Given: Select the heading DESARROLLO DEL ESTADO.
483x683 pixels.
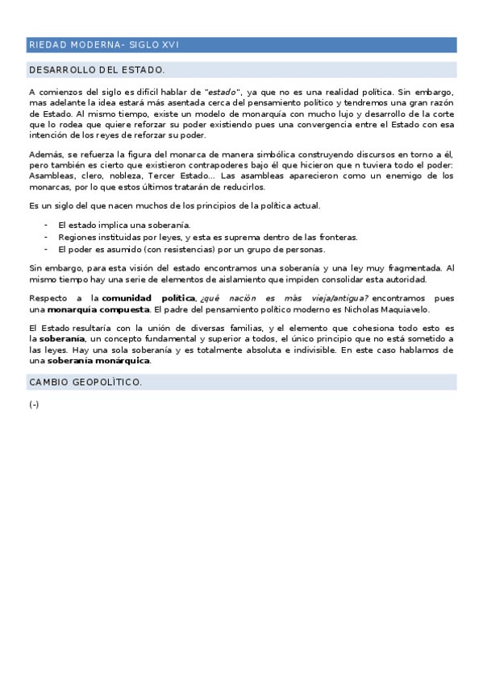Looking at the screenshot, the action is click(96, 70).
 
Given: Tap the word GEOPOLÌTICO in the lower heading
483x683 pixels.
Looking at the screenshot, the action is click(108, 382).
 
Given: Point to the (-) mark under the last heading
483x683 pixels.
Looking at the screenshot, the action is click(34, 404).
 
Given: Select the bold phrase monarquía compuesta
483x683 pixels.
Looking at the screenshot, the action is click(98, 309).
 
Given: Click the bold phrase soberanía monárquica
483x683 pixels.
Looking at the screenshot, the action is click(104, 361).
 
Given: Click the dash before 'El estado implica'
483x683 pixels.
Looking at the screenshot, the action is click(46, 225).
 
